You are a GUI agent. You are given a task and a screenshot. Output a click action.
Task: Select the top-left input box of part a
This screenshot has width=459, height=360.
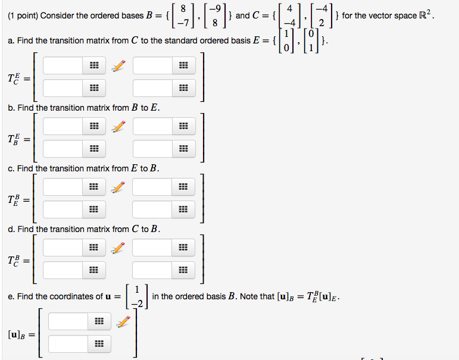click(x=63, y=65)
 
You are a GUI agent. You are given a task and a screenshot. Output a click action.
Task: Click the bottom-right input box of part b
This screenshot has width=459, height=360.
click(x=153, y=149)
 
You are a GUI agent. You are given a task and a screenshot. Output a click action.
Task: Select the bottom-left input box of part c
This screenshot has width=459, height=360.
click(x=63, y=209)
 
